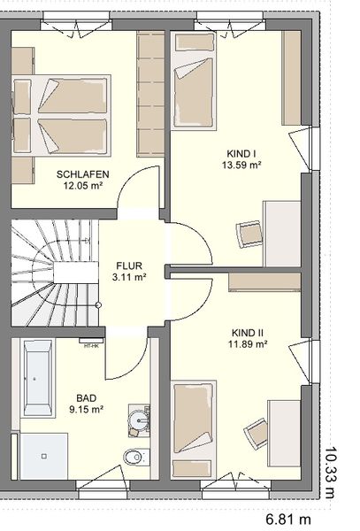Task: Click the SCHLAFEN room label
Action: (83, 174)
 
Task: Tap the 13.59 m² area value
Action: (241, 165)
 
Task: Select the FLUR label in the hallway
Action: (129, 265)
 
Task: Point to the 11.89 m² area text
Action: (248, 344)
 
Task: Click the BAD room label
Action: (87, 398)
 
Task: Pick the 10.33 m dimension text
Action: (331, 473)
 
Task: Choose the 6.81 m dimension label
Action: (288, 519)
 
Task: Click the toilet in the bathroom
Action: (137, 457)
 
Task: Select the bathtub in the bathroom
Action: (37, 378)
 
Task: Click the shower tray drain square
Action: (43, 457)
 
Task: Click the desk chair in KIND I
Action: (249, 235)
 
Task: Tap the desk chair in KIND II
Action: (257, 434)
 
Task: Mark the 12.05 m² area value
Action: (83, 185)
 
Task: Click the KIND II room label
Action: (248, 333)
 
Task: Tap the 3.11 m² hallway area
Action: (129, 277)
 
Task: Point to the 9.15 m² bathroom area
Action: (87, 409)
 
